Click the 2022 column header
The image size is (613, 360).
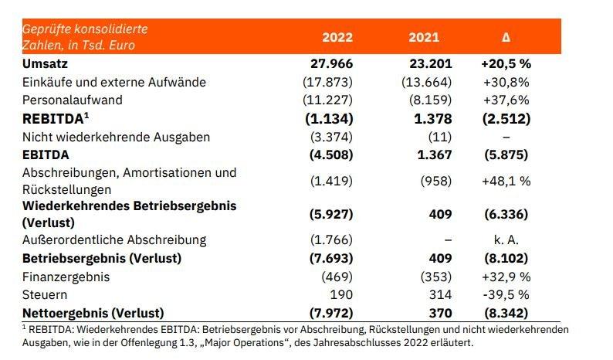337,36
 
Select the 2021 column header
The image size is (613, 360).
424,36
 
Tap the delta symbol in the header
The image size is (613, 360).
506,36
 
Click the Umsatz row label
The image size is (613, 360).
44,63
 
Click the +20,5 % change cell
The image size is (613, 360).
506,63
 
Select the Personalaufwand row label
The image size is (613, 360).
72,100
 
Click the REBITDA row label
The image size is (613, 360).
54,118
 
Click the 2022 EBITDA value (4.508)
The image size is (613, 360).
330,155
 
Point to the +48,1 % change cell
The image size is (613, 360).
506,180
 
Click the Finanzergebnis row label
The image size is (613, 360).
66,276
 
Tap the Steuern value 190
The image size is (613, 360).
343,294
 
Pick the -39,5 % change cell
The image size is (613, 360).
506,294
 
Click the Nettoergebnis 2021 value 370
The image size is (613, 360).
439,313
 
